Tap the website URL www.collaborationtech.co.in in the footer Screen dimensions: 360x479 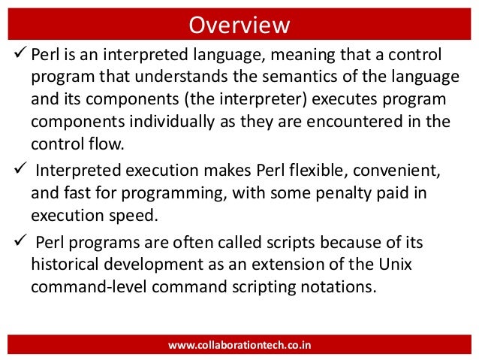point(239,345)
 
